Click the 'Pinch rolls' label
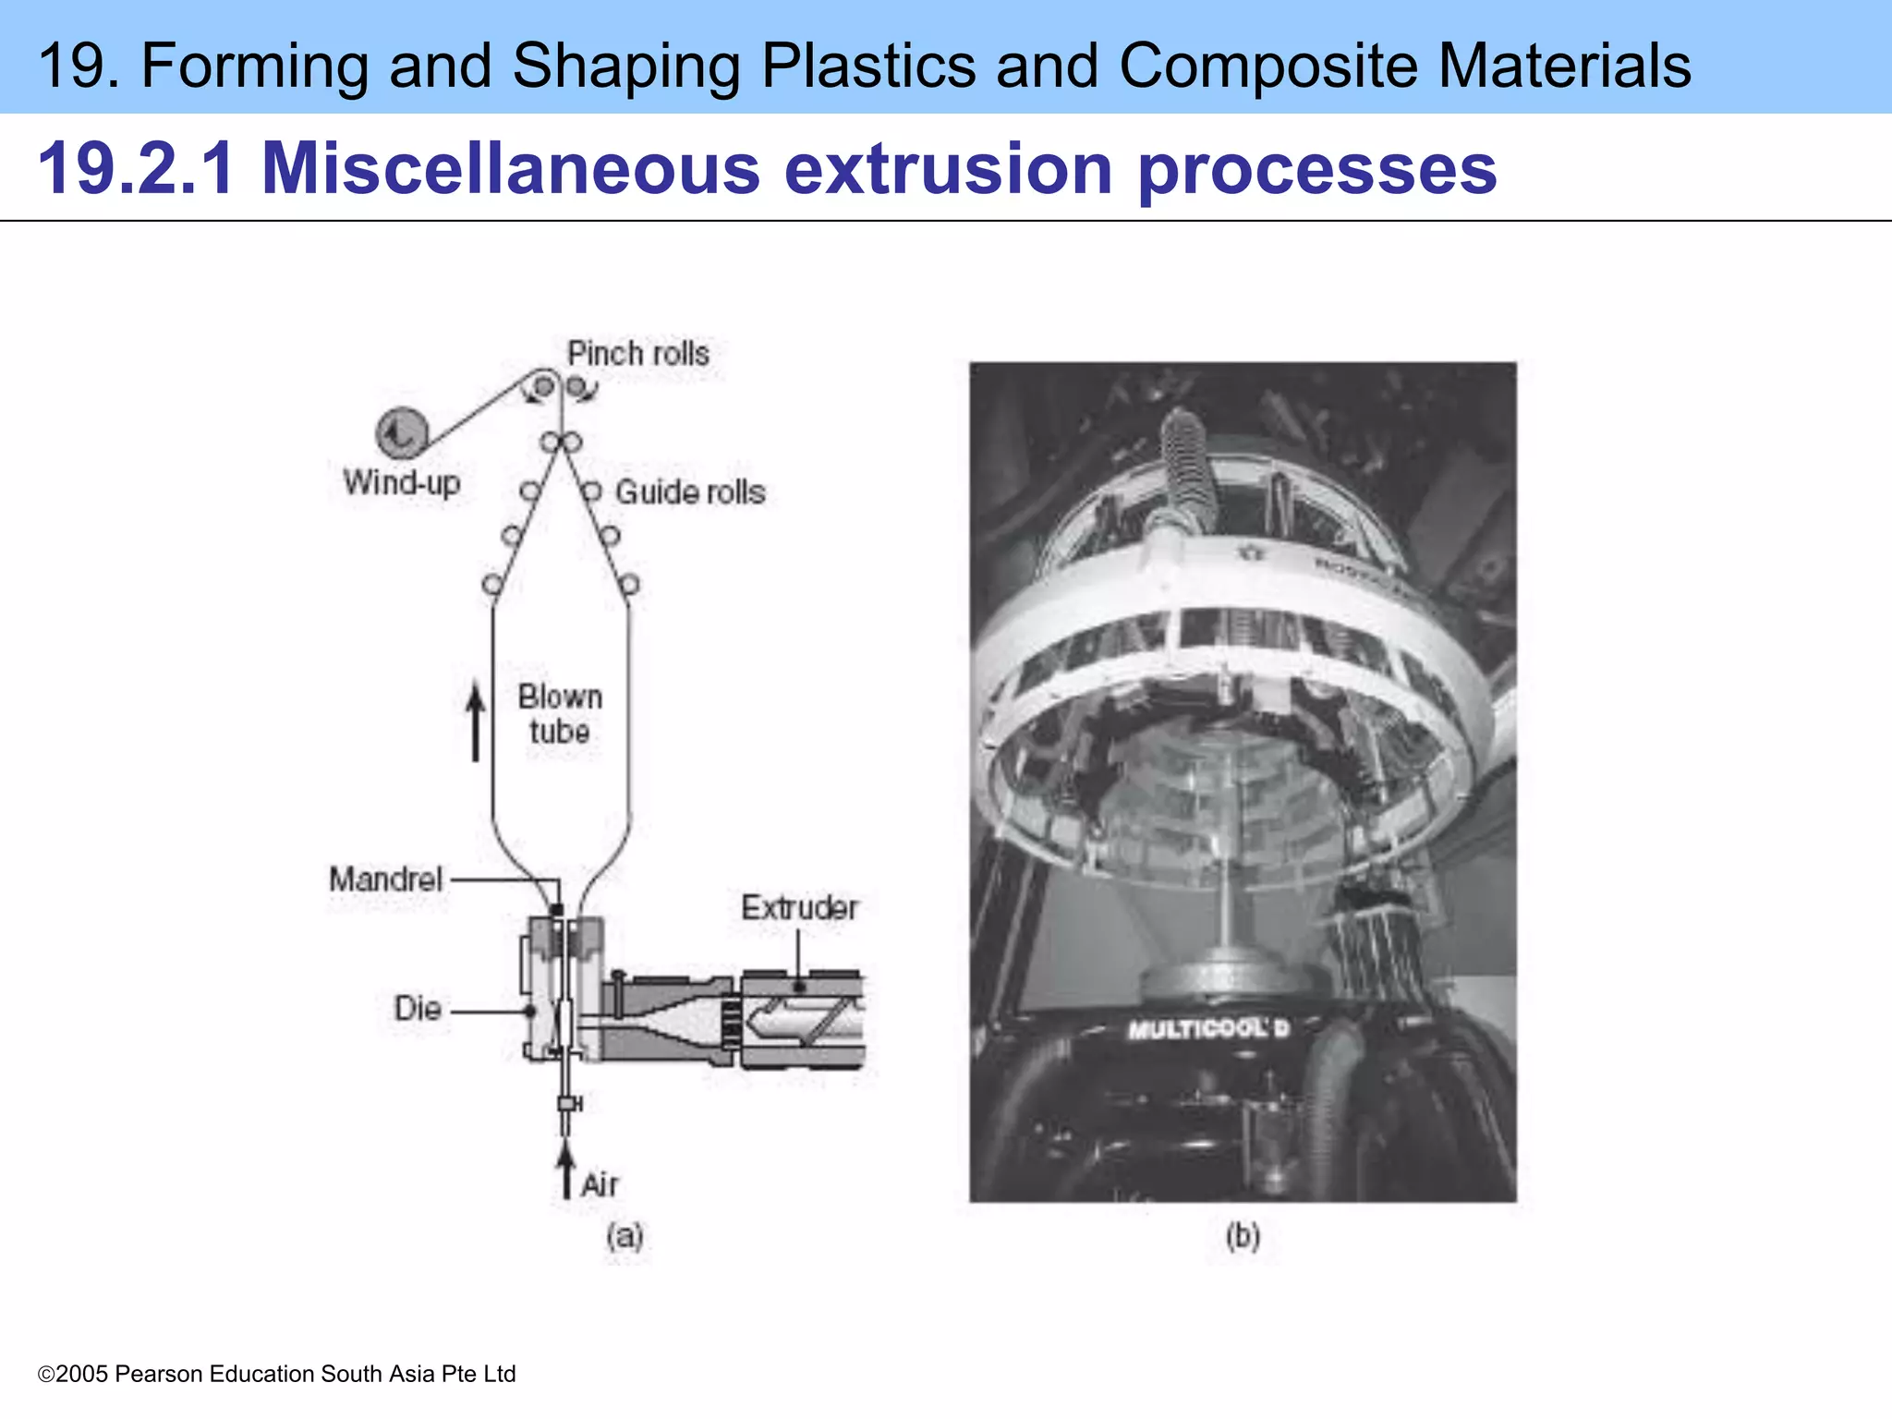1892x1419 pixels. (x=638, y=354)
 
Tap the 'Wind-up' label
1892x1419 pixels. (x=402, y=482)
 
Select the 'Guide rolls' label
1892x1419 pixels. (x=690, y=492)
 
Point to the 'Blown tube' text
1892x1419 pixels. (x=560, y=714)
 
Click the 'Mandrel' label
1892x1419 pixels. (x=386, y=879)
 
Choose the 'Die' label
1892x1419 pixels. (x=418, y=1008)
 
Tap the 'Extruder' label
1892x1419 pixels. (x=800, y=908)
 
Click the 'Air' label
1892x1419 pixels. (x=600, y=1184)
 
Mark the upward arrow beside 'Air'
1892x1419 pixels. (x=566, y=1169)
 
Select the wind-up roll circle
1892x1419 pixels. (x=402, y=432)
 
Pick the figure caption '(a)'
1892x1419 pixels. (x=625, y=1236)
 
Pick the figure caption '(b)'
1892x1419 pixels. (x=1243, y=1236)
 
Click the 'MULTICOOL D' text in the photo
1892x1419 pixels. (x=1207, y=1029)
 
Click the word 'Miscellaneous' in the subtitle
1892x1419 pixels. (x=510, y=168)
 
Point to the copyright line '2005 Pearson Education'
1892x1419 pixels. (x=277, y=1374)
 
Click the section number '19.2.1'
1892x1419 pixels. (x=136, y=168)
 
